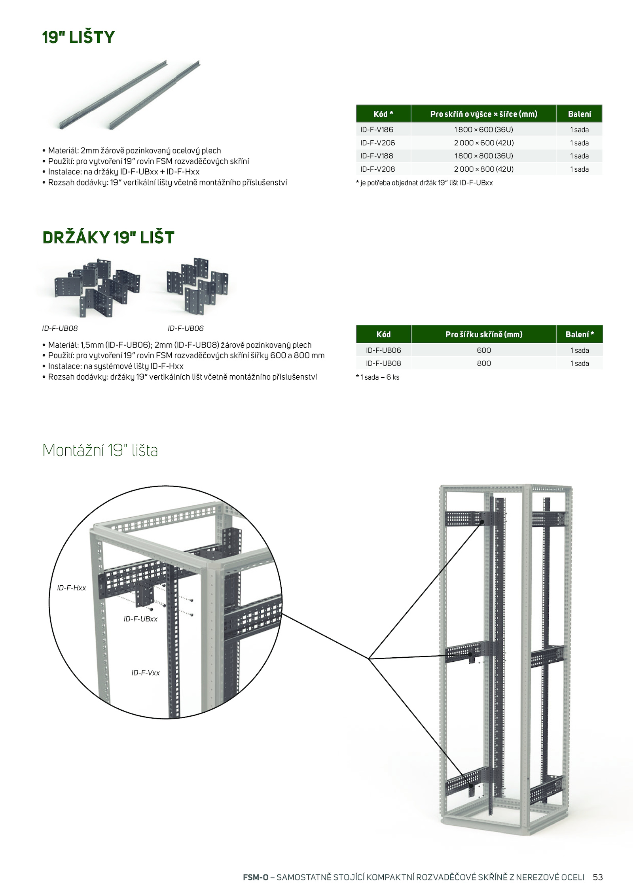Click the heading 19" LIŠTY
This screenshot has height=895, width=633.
coord(78,38)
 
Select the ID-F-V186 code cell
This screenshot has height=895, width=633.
coord(377,130)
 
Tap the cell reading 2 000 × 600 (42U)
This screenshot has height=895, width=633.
coord(483,143)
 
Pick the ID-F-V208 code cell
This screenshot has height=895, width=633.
coord(377,169)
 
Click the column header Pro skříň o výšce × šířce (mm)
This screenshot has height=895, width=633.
coord(483,114)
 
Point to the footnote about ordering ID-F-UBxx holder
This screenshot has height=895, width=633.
coord(425,183)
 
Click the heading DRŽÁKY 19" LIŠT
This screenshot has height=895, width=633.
coord(108,238)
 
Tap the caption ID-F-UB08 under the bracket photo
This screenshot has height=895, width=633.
coord(60,328)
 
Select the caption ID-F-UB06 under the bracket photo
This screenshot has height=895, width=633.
coord(186,328)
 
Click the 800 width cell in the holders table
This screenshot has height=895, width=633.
coord(483,363)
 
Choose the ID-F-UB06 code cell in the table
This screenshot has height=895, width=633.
coord(383,350)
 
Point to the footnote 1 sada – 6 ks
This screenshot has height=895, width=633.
coord(378,377)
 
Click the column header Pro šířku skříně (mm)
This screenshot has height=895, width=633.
coord(483,335)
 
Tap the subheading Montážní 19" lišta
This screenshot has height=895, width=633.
coord(100,450)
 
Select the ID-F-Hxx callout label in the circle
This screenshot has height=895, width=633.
coord(71,588)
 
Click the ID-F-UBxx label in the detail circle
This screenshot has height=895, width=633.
coord(140,619)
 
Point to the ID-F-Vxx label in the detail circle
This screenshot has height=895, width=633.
coord(146,673)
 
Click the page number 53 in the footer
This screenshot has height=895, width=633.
coord(597,877)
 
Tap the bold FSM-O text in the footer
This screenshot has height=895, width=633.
coord(256,877)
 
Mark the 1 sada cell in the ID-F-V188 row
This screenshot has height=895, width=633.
coord(579,156)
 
